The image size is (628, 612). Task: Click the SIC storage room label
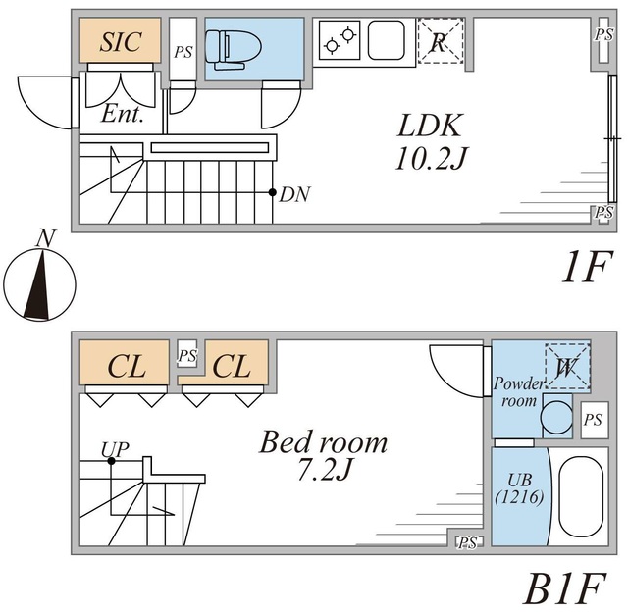pyautogui.click(x=121, y=41)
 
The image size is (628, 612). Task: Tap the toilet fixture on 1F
pyautogui.click(x=234, y=50)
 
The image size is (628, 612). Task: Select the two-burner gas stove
pyautogui.click(x=340, y=40)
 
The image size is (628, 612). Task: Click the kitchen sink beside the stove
pyautogui.click(x=387, y=40)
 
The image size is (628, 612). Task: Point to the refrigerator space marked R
pyautogui.click(x=441, y=41)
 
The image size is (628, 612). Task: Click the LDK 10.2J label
pyautogui.click(x=431, y=141)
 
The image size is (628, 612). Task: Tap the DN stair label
pyautogui.click(x=294, y=194)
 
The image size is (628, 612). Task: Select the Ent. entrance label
pyautogui.click(x=122, y=114)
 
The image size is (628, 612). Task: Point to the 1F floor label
pyautogui.click(x=587, y=267)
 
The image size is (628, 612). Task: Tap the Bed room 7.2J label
pyautogui.click(x=324, y=455)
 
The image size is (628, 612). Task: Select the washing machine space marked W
pyautogui.click(x=567, y=366)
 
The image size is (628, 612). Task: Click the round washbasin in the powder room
pyautogui.click(x=556, y=416)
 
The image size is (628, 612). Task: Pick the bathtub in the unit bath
pyautogui.click(x=581, y=496)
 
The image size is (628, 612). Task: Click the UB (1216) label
pyautogui.click(x=519, y=488)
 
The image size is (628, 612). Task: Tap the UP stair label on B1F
pyautogui.click(x=115, y=450)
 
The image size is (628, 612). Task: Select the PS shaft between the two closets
pyautogui.click(x=187, y=354)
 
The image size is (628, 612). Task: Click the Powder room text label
pyautogui.click(x=519, y=392)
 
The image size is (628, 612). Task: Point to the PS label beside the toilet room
pyautogui.click(x=183, y=52)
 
